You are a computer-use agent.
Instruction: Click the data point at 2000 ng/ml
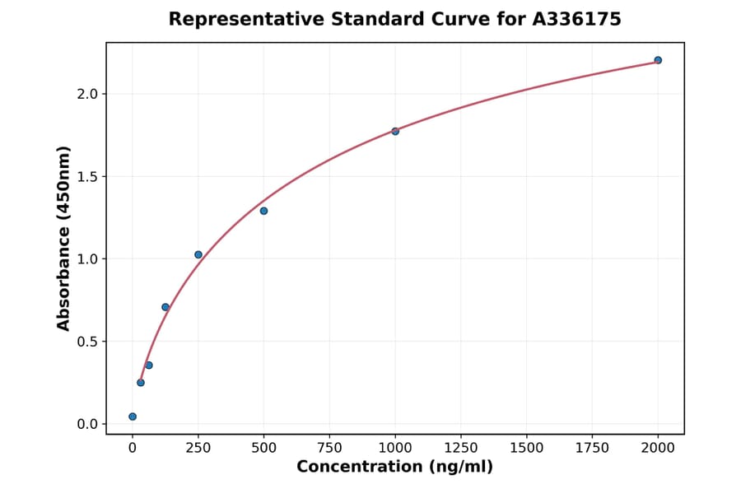(x=658, y=60)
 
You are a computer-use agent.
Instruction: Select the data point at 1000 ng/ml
(x=395, y=131)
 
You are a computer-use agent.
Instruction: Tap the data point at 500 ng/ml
(x=263, y=211)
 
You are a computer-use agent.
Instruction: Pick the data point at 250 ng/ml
(x=198, y=254)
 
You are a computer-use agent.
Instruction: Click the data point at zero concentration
(x=133, y=417)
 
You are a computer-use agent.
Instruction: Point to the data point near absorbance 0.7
(x=165, y=307)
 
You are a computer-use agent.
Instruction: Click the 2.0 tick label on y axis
(x=88, y=94)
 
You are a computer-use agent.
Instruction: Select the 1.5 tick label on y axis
(x=88, y=176)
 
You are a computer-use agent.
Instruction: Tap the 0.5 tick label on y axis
(x=88, y=342)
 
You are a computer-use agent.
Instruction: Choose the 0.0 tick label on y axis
(x=88, y=424)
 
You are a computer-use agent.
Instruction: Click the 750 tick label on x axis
(x=329, y=447)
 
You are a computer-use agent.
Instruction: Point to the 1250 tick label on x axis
(x=461, y=447)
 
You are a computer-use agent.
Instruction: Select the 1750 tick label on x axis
(x=592, y=447)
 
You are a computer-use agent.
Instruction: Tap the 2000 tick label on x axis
(x=658, y=447)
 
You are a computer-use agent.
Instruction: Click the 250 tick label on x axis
(x=198, y=447)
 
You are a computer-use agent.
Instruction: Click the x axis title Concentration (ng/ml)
(x=394, y=468)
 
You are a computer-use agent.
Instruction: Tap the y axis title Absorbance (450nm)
(x=64, y=239)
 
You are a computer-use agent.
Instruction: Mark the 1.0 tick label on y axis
(x=88, y=259)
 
